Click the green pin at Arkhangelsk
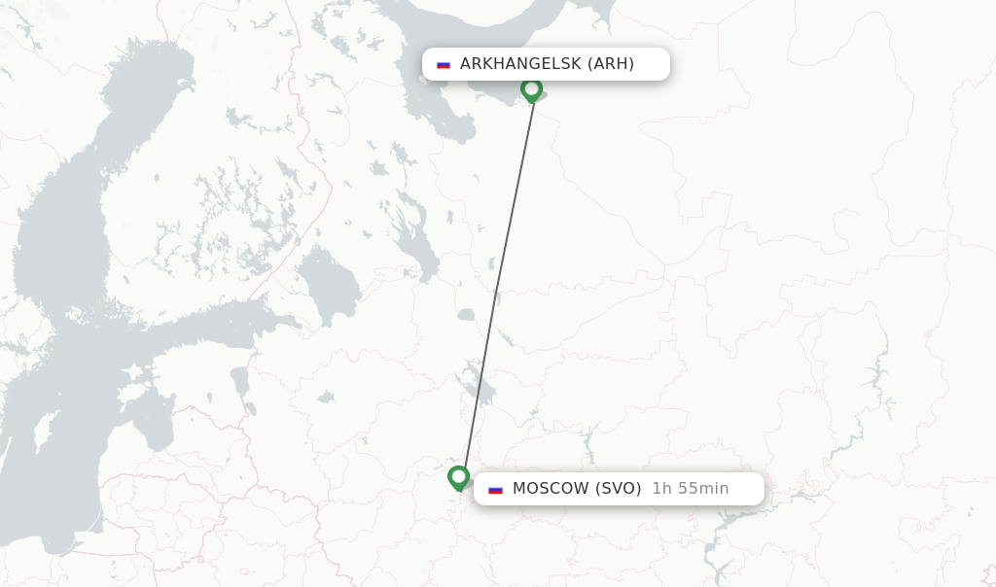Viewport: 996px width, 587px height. click(531, 89)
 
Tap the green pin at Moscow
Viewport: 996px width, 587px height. click(459, 477)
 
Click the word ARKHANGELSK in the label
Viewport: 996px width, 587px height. click(520, 64)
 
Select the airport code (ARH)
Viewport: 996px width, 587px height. click(611, 64)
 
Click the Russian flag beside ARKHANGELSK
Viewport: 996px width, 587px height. click(444, 65)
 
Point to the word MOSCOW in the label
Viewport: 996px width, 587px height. click(551, 489)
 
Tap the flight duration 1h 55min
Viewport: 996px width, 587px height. click(690, 489)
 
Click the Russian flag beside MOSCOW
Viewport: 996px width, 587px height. click(496, 489)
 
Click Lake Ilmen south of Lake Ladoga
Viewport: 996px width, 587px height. click(325, 397)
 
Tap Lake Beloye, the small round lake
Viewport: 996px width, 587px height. click(466, 315)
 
